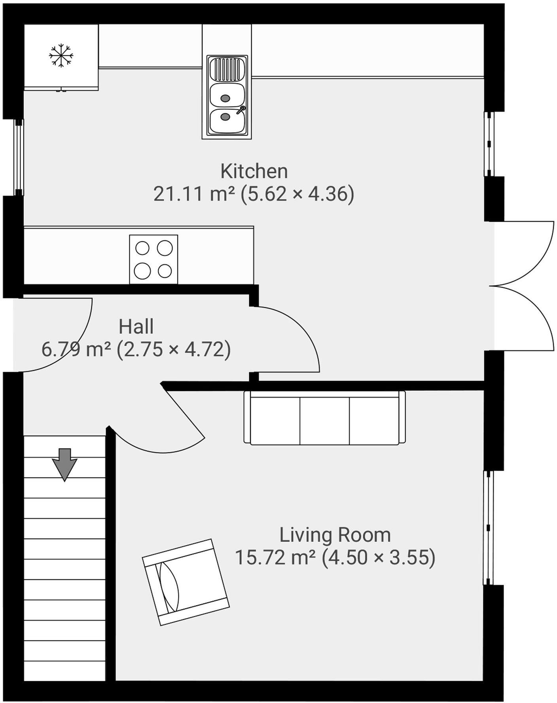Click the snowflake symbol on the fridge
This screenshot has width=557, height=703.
click(61, 55)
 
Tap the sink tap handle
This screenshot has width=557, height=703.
click(241, 110)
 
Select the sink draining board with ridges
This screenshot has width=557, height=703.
click(227, 69)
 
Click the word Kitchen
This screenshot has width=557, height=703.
click(254, 171)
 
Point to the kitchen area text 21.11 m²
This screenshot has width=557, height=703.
click(194, 194)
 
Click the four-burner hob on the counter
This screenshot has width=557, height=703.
click(153, 260)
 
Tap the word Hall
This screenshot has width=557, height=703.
click(136, 327)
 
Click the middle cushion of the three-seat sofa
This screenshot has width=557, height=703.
click(324, 420)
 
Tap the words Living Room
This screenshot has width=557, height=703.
click(335, 535)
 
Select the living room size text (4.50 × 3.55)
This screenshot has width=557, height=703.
click(379, 558)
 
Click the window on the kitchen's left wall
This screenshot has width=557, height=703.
click(19, 157)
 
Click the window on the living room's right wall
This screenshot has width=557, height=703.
click(489, 528)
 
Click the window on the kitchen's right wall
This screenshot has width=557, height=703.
click(489, 144)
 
